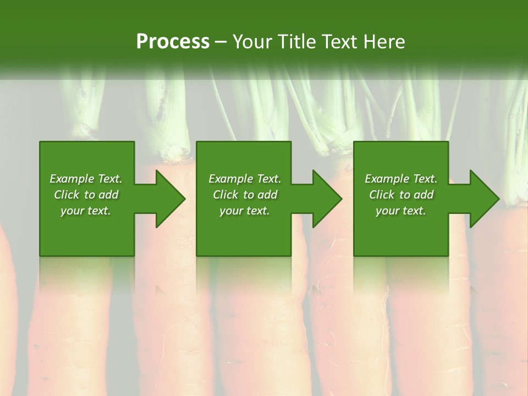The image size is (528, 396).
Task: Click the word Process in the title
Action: tap(173, 42)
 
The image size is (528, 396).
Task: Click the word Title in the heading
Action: tap(294, 42)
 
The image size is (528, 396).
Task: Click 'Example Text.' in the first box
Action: tap(86, 179)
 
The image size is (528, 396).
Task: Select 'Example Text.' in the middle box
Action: tap(244, 179)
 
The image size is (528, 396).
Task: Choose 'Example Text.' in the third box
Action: tap(401, 179)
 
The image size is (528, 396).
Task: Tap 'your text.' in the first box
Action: tap(86, 211)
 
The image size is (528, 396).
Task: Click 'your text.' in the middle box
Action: tap(244, 211)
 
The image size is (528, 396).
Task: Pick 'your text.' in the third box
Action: tap(401, 211)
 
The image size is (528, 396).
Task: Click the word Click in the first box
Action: tap(67, 195)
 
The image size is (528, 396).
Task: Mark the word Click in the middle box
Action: tap(226, 195)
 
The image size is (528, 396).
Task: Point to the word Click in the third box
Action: tap(382, 195)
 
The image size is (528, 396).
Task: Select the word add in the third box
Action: tap(424, 195)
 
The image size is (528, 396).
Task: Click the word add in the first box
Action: tap(108, 195)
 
